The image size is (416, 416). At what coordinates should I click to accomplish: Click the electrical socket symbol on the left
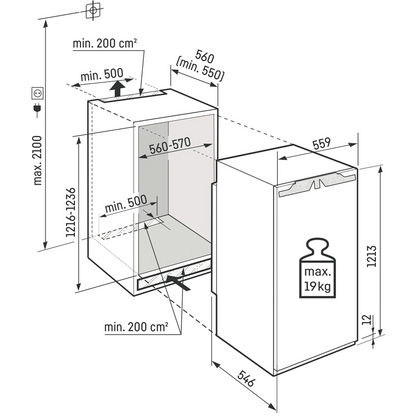(41, 96)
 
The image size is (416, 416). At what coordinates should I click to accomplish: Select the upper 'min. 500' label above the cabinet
(101, 74)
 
